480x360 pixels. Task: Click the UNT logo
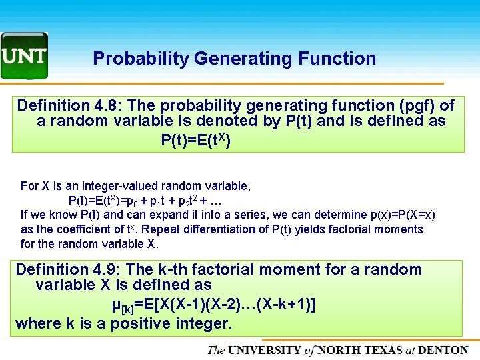coord(24,55)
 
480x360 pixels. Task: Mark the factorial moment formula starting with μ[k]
coord(213,305)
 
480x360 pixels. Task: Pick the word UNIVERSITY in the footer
coord(265,350)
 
